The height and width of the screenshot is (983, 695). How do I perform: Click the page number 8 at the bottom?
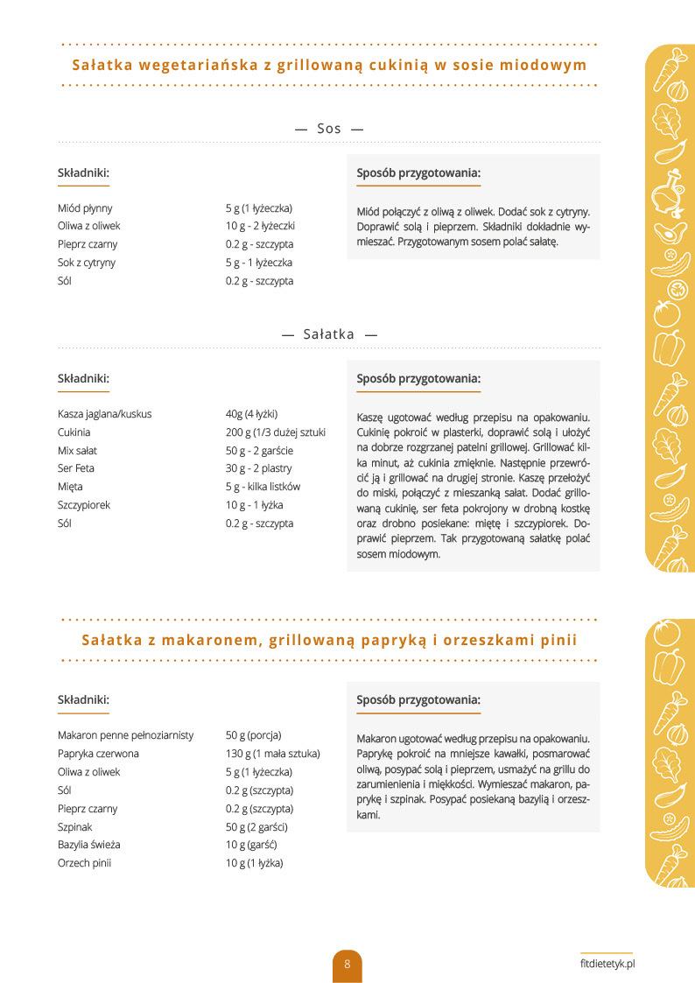pos(347,965)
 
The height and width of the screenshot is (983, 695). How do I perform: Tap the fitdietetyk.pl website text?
pos(607,962)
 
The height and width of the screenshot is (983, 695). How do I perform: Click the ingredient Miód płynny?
pos(85,208)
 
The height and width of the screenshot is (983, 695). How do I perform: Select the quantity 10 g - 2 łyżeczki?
pos(260,226)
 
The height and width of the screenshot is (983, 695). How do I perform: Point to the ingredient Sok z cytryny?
pos(87,263)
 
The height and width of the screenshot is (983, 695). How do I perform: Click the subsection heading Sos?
pos(329,129)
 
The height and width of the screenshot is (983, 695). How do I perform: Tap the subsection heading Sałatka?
pos(329,334)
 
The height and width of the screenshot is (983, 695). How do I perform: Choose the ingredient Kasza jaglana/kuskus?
pos(104,414)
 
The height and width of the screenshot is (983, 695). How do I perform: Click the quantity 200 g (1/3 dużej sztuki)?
pos(276,432)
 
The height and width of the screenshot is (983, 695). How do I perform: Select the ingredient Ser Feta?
pos(76,468)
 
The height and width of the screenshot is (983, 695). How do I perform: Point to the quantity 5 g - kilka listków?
pos(263,487)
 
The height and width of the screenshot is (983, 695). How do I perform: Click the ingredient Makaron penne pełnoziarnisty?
pos(125,735)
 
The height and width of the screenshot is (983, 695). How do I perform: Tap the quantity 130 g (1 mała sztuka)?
pos(273,754)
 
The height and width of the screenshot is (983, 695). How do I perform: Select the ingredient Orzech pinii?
pos(84,863)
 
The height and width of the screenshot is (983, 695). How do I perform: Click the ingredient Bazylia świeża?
pos(88,845)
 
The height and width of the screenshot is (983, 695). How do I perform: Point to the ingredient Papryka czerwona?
pos(98,754)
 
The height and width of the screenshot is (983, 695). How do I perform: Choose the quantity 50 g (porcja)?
pos(253,735)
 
